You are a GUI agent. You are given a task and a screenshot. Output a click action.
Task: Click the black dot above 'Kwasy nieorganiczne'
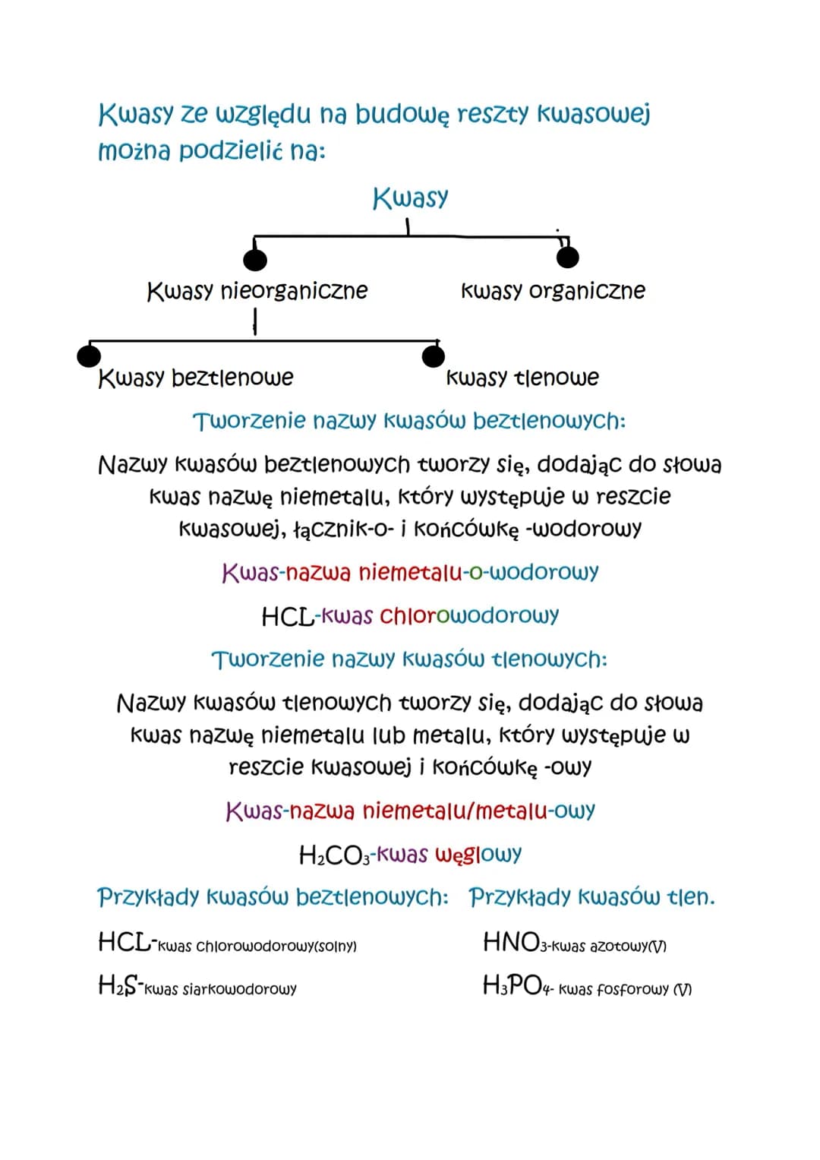click(x=255, y=259)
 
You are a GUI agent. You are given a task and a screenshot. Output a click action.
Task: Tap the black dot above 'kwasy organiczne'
click(x=567, y=257)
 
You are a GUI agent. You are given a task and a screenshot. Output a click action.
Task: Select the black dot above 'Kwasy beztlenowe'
click(x=89, y=355)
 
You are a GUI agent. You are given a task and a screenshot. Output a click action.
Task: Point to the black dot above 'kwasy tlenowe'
click(x=433, y=355)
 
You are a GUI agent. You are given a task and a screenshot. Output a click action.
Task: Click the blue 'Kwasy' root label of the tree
click(x=410, y=198)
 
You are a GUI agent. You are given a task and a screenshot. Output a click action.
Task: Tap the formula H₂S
click(x=118, y=987)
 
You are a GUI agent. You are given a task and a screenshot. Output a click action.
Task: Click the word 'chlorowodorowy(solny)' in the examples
click(x=276, y=947)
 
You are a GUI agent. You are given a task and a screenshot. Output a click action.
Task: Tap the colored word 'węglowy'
click(x=478, y=855)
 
